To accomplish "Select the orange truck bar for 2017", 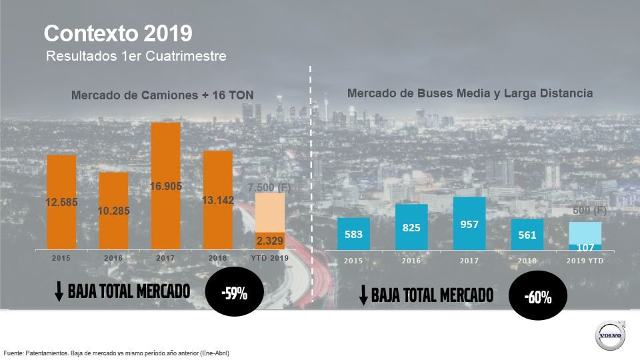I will coord(165,186).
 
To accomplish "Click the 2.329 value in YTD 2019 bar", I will coord(270,241).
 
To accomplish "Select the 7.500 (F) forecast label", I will coord(269,188).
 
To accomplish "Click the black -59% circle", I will coord(234,293).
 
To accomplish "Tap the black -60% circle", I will coord(538,297).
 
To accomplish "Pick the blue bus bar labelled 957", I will coord(469,223).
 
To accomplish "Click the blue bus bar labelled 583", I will coord(353,234).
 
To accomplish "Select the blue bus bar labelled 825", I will coord(411,227).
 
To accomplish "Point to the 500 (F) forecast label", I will coord(589,211).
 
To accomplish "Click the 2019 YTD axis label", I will coord(585,261).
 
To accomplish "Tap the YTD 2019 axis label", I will coord(270,258).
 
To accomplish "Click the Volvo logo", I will coord(610,335).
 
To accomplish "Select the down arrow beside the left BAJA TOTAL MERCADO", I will coord(59,291).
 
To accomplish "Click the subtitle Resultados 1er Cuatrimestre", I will coord(136,57).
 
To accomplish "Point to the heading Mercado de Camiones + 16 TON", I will coord(162,95).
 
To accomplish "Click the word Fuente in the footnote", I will coord(14,353).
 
